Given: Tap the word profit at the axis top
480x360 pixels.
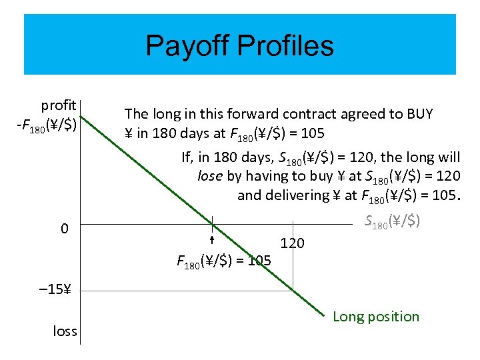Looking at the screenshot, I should [59, 105].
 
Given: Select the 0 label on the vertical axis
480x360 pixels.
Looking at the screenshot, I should [64, 229].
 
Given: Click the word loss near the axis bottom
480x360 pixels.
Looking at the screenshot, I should [65, 331].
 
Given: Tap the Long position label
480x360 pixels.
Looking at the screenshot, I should [376, 317].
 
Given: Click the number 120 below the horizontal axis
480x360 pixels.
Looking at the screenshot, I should [292, 243].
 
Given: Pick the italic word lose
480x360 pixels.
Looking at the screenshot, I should [211, 176].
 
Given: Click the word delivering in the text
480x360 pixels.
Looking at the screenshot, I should [296, 195].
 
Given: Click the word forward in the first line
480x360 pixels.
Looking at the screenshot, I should [263, 114].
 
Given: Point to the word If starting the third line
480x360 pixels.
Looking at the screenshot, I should [187, 157].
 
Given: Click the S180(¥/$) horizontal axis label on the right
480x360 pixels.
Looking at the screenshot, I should [393, 221].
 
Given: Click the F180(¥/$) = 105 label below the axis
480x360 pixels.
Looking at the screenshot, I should [223, 261].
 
